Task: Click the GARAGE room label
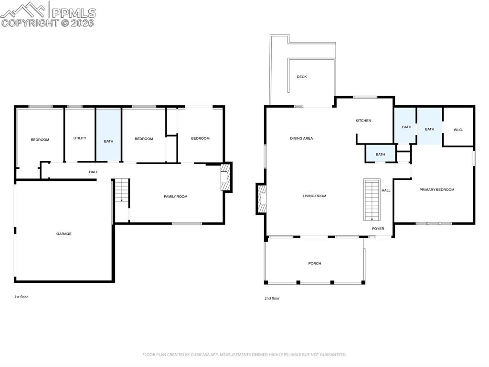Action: (x=64, y=234)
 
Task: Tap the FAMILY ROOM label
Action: (x=176, y=196)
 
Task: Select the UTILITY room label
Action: (x=80, y=138)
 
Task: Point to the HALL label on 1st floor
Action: (x=93, y=172)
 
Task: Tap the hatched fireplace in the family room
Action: (x=225, y=178)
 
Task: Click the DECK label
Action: (x=301, y=77)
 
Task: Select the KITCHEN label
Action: (x=363, y=121)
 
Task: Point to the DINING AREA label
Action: (x=301, y=138)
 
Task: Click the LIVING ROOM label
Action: (x=314, y=196)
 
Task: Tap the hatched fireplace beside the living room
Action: (x=262, y=198)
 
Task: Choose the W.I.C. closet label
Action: (x=458, y=130)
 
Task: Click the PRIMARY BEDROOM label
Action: (x=436, y=189)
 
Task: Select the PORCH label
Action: (x=314, y=263)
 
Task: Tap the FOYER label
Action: (x=378, y=229)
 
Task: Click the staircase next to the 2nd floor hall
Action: (x=372, y=199)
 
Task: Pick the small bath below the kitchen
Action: (x=380, y=154)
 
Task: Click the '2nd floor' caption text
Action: (x=272, y=298)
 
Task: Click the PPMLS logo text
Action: (x=74, y=13)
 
